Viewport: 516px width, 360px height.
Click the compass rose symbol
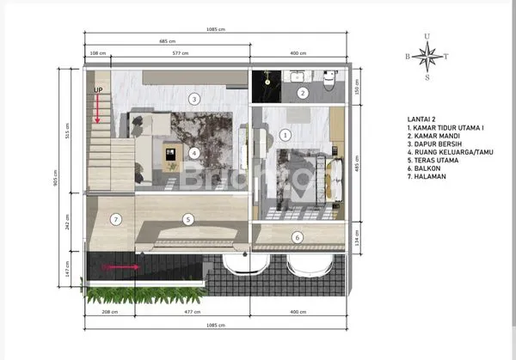[x=427, y=56]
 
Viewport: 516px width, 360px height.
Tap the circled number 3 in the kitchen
[x=194, y=99]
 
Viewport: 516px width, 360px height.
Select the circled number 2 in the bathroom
[x=302, y=93]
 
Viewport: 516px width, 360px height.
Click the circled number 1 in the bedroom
[x=286, y=134]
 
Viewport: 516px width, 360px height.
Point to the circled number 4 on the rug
[x=194, y=153]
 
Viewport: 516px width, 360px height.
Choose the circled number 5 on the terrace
[x=187, y=219]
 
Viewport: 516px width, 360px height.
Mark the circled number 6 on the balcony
[x=298, y=236]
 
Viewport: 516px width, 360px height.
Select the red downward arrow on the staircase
[x=97, y=107]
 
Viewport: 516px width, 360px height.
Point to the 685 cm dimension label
[x=168, y=41]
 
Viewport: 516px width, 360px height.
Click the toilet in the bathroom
[x=330, y=81]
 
